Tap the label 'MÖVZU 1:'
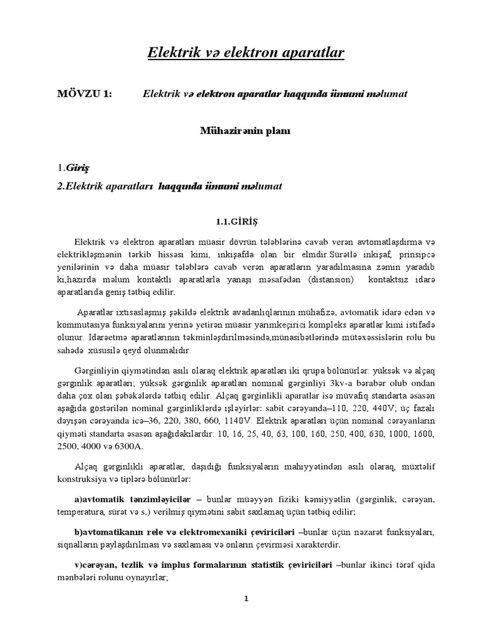(x=83, y=94)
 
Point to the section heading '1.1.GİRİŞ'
(x=237, y=222)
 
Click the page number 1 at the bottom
(x=247, y=599)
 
